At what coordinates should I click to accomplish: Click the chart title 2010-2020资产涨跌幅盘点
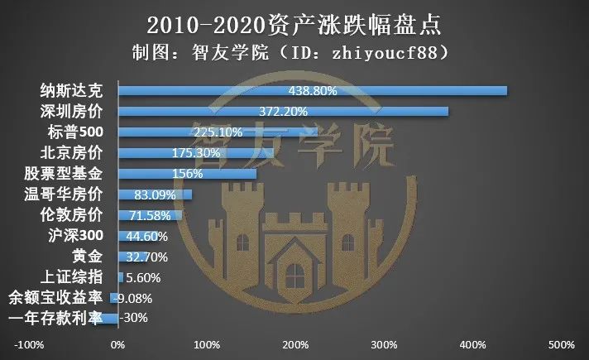point(294,22)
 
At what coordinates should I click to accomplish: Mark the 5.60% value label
point(143,277)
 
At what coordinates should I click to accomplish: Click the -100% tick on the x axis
point(30,344)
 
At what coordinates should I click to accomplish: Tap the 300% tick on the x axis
point(384,344)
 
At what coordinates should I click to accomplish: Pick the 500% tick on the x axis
point(561,344)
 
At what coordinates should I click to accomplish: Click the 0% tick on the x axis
point(118,344)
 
